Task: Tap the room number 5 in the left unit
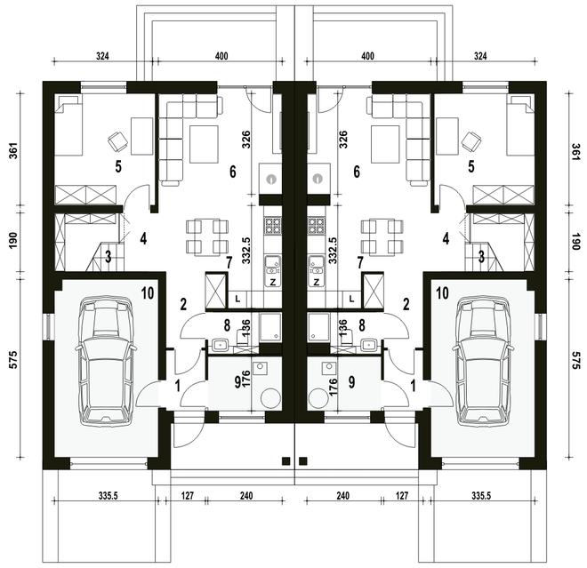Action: [x=118, y=166]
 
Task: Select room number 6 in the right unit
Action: [x=357, y=172]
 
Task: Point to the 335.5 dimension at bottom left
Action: [x=109, y=495]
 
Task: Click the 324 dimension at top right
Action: [x=480, y=56]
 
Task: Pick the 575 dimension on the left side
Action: [x=13, y=360]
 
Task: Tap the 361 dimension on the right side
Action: [x=575, y=152]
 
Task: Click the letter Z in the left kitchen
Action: [x=273, y=283]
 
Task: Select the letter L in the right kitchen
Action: [x=351, y=299]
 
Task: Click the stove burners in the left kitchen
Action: [x=273, y=226]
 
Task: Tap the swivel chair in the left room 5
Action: [x=117, y=142]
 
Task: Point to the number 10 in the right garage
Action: [x=443, y=293]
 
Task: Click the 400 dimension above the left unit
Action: [x=221, y=56]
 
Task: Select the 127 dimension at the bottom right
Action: [x=401, y=495]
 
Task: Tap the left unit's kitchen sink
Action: [x=273, y=266]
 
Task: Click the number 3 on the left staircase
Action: [x=109, y=257]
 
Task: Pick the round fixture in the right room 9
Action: [x=318, y=397]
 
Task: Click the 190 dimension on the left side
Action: [x=13, y=241]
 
